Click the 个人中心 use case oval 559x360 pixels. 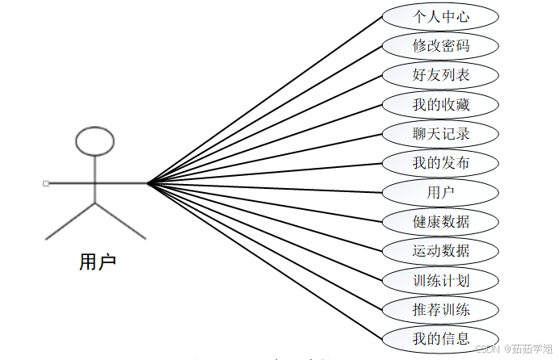point(440,16)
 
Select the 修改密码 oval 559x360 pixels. point(440,45)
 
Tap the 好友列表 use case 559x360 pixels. point(440,75)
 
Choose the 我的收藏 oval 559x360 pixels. point(440,104)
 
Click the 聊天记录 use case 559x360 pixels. point(440,133)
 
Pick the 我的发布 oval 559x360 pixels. point(440,163)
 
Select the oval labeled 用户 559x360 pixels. point(440,192)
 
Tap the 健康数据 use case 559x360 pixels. point(440,221)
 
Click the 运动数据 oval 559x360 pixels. point(440,250)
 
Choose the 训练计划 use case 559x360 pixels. point(440,280)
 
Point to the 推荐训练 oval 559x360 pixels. point(440,308)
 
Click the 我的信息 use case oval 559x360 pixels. point(440,337)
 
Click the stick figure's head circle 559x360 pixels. point(95,140)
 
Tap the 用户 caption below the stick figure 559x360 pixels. point(97,262)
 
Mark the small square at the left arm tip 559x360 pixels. point(45,183)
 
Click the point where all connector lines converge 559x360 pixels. point(148,183)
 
